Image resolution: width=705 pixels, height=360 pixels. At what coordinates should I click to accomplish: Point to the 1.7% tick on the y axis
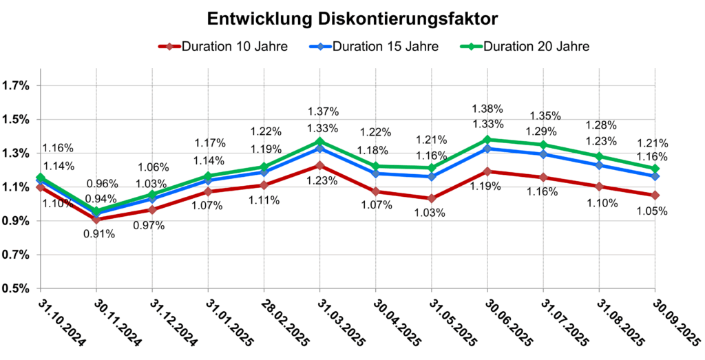coord(17,86)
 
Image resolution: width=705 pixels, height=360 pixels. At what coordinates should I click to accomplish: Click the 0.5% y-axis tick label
coord(17,288)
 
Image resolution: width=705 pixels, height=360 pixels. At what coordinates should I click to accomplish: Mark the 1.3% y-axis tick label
coord(17,153)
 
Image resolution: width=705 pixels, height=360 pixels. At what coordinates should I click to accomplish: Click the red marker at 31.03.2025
coord(320,165)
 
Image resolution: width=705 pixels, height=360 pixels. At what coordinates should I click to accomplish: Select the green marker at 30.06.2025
coord(488,140)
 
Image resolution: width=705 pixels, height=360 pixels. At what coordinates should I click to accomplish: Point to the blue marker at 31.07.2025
coord(544,154)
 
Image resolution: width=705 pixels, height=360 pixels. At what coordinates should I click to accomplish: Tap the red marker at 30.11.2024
coord(96,220)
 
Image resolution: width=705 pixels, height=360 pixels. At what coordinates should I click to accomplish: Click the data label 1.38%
coord(488,109)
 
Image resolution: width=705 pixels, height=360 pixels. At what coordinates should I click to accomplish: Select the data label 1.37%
coord(321,112)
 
